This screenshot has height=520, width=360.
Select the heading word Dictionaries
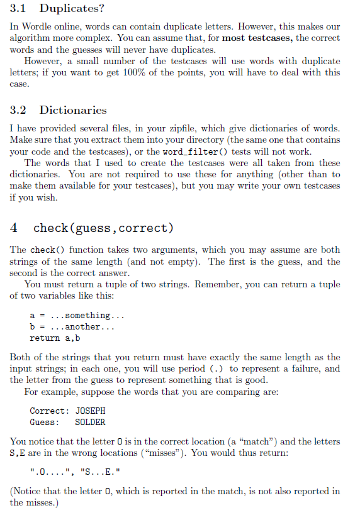(73, 110)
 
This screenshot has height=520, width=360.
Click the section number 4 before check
(14, 227)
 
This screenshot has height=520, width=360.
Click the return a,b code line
(54, 338)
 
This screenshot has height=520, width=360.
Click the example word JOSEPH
(91, 411)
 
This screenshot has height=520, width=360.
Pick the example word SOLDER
(90, 422)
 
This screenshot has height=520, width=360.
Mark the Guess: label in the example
(44, 422)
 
